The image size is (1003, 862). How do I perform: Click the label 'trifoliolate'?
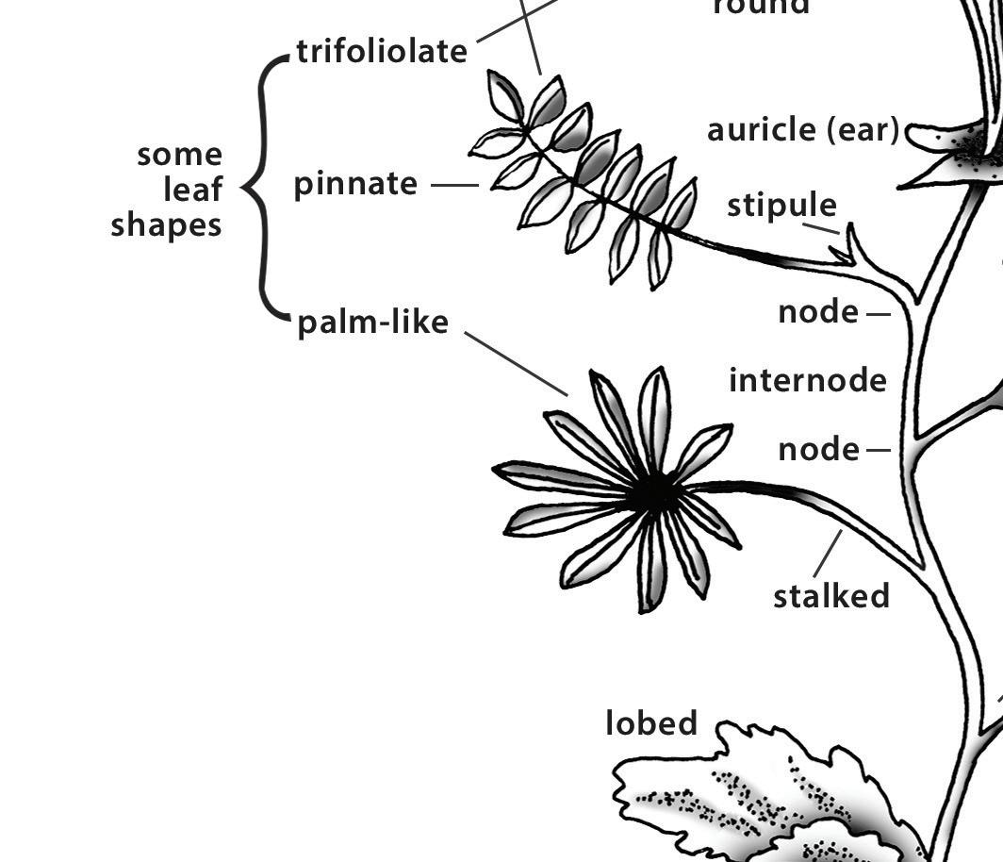tap(382, 51)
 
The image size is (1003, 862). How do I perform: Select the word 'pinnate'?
tap(355, 184)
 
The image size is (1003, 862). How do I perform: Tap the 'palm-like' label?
tap(372, 323)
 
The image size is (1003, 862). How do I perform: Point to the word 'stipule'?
tap(781, 206)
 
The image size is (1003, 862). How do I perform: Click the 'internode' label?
tap(808, 381)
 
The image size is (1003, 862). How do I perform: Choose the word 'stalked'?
tap(831, 596)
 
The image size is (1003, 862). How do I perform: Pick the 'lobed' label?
tap(651, 723)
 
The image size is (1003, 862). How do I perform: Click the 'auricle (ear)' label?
tap(803, 130)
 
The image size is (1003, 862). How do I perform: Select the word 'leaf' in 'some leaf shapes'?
tap(193, 190)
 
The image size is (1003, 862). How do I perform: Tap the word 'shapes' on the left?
tap(167, 225)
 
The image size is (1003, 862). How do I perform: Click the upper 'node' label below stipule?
tap(818, 312)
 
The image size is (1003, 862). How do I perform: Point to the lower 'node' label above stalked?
tap(818, 450)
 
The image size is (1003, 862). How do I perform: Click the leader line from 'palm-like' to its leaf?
tap(517, 364)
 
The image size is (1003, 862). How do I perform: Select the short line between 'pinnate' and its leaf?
tap(454, 186)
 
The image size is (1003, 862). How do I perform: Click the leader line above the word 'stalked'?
tap(828, 554)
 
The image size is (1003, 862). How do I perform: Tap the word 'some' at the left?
tap(180, 155)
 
